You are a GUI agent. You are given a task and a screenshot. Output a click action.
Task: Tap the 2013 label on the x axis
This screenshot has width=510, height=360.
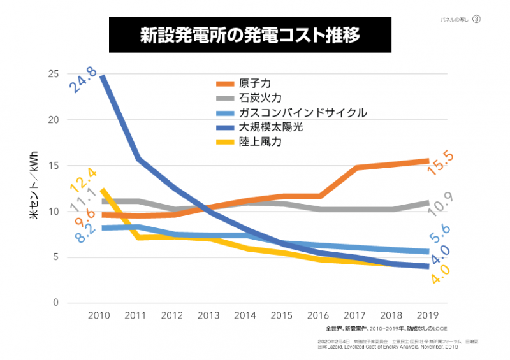coord(210,315)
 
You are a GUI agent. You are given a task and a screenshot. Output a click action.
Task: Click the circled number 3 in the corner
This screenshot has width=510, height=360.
coord(476,20)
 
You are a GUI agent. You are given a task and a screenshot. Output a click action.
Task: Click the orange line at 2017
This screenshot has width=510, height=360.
coord(356,168)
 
